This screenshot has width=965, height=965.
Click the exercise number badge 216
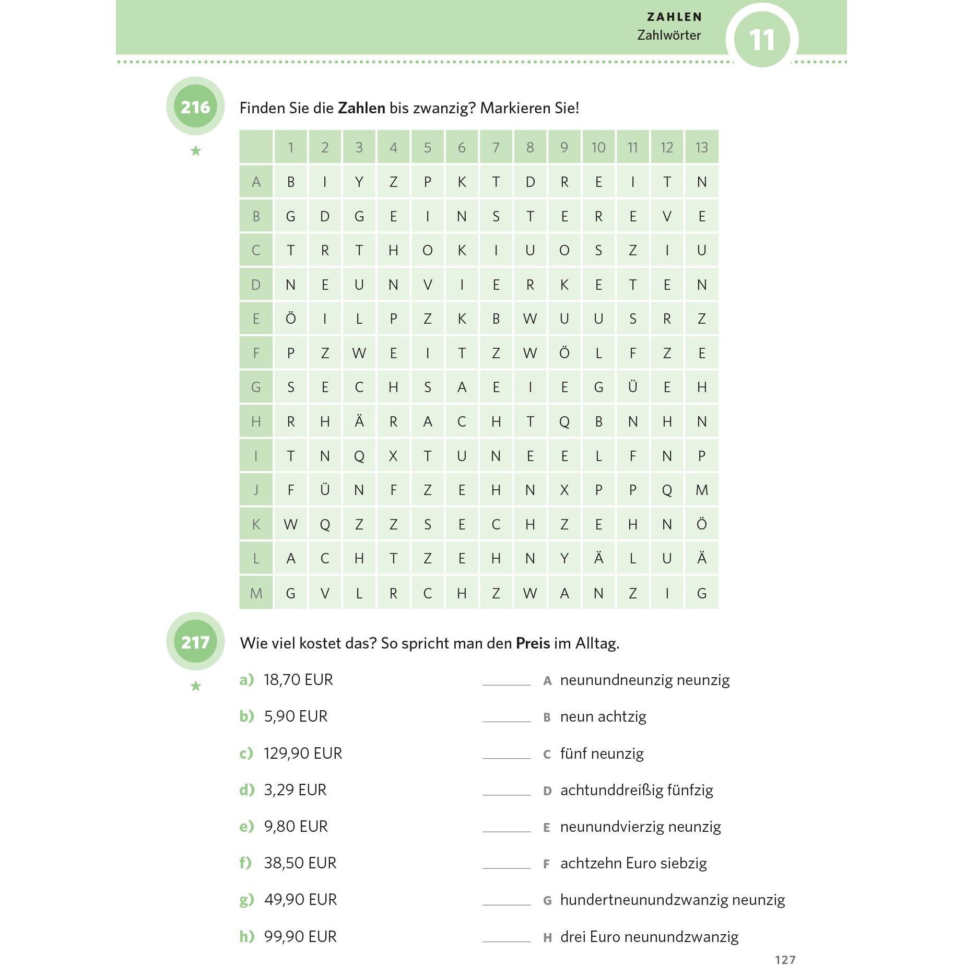(x=195, y=107)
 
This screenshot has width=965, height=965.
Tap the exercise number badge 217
(x=195, y=642)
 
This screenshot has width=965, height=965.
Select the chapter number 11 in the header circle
(x=761, y=40)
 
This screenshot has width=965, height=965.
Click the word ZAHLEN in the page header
(x=674, y=17)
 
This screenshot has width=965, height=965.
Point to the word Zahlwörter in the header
(x=669, y=36)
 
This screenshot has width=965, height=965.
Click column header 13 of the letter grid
(x=701, y=148)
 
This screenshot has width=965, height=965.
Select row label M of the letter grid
(x=256, y=593)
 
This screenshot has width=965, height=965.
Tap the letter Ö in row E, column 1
(x=290, y=319)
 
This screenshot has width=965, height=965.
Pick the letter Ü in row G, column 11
(x=632, y=387)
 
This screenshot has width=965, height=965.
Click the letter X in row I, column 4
(x=393, y=456)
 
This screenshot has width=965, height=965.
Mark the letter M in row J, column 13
(x=701, y=490)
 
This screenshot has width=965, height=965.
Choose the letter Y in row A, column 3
(x=359, y=182)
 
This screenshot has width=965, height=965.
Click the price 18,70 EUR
(x=298, y=680)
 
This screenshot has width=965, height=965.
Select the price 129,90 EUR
(x=303, y=753)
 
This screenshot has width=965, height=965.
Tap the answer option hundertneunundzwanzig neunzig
(x=672, y=900)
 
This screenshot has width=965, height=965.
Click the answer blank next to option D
(x=506, y=790)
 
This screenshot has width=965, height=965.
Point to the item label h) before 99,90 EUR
(x=246, y=936)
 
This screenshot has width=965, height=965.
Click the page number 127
(x=785, y=959)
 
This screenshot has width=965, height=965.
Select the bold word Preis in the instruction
(x=533, y=643)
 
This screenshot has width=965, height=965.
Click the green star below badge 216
(x=196, y=151)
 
